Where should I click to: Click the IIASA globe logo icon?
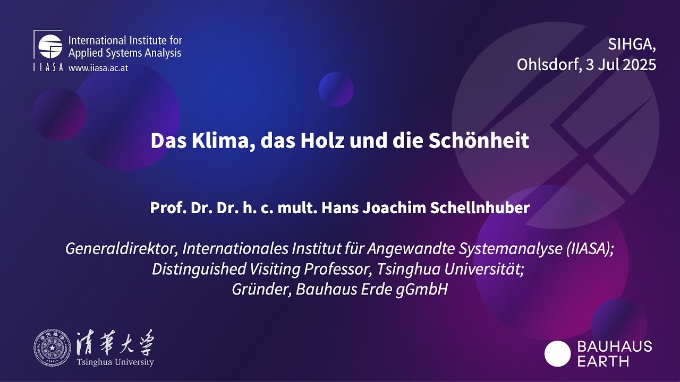coord(50,46)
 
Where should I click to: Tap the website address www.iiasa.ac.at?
coord(98,68)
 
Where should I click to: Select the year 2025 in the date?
coord(639,65)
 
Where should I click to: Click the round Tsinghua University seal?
coord(52,348)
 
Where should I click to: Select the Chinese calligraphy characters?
coord(115,344)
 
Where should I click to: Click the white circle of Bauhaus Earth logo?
coord(557,354)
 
